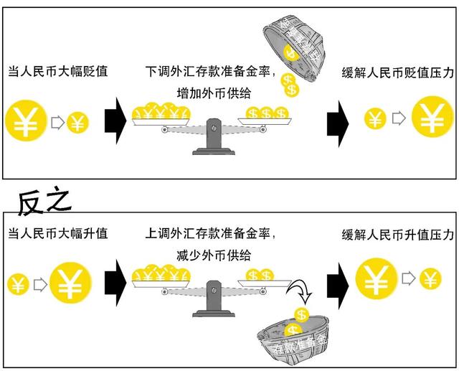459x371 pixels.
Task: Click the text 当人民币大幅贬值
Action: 57,72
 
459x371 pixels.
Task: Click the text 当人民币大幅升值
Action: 57,234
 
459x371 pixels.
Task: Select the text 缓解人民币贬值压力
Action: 398,72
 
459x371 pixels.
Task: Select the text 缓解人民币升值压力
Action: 398,234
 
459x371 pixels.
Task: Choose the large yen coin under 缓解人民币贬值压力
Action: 432,119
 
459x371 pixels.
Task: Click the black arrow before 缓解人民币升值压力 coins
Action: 334,279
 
